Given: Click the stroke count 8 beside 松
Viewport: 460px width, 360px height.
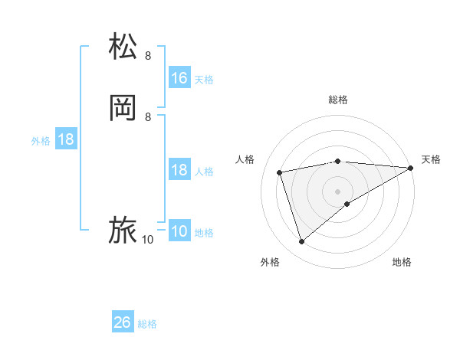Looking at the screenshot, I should (148, 55).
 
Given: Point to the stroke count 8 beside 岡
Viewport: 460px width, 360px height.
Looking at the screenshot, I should (148, 116).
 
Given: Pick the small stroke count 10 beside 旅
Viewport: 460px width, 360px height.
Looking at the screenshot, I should (148, 240).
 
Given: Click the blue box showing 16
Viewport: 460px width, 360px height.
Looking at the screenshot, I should (179, 78).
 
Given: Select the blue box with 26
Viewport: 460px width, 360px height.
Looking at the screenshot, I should (123, 323).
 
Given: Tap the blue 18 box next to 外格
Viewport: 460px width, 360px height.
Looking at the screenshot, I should (66, 140).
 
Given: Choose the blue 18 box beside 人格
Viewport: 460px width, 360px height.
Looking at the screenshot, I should (179, 170).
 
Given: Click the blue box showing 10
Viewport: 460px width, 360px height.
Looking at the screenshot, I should (179, 232).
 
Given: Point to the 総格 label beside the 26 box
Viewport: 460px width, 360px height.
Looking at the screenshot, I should (147, 324).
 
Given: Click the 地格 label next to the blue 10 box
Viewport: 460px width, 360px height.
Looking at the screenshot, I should (204, 233).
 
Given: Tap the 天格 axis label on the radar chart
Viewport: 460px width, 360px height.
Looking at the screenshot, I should (431, 159).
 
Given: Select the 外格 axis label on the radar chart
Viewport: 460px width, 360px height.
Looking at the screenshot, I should (270, 262).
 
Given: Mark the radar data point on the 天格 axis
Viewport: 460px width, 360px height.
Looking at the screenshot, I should (411, 168).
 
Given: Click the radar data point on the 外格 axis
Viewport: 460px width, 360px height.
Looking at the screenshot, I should (301, 242).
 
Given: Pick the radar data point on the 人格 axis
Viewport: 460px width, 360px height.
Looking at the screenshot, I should (280, 172).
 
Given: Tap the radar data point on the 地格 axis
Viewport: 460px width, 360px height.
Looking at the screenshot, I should (348, 204).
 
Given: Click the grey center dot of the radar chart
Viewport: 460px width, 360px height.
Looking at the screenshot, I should (338, 191).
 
